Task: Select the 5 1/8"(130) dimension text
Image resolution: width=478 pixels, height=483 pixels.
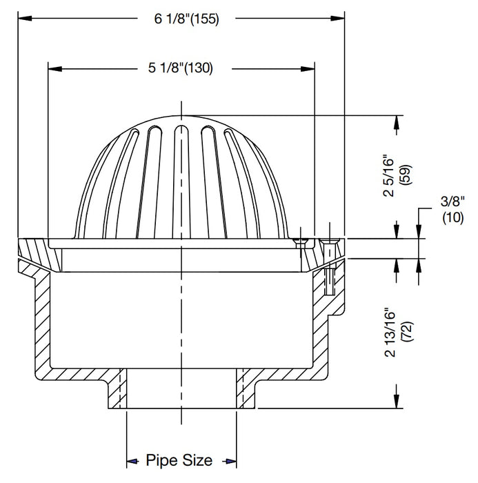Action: [x=181, y=68]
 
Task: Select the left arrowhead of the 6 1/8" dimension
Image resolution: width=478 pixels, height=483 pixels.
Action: [x=23, y=19]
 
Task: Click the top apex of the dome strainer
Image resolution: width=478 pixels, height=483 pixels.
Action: [x=181, y=116]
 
